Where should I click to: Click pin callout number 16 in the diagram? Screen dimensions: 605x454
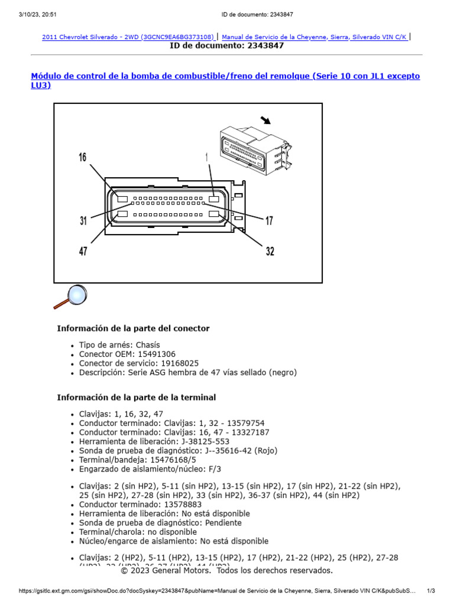coord(83,157)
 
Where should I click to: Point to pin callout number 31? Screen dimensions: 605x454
coord(83,221)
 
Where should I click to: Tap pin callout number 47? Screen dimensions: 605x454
coord(83,252)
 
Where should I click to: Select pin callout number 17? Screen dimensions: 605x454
coord(270,221)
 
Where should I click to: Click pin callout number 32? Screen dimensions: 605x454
coord(270,252)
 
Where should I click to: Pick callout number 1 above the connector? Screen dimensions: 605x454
coord(207,157)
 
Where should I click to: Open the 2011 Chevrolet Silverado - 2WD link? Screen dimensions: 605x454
coord(128,37)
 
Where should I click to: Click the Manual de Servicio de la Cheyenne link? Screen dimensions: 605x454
coord(314,37)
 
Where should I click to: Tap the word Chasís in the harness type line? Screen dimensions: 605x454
coord(148,345)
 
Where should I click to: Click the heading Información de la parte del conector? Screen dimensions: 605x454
coord(133,328)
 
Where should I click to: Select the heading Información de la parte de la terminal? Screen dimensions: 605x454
coord(137,398)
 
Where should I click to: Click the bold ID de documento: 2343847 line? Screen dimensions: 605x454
coord(227,45)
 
